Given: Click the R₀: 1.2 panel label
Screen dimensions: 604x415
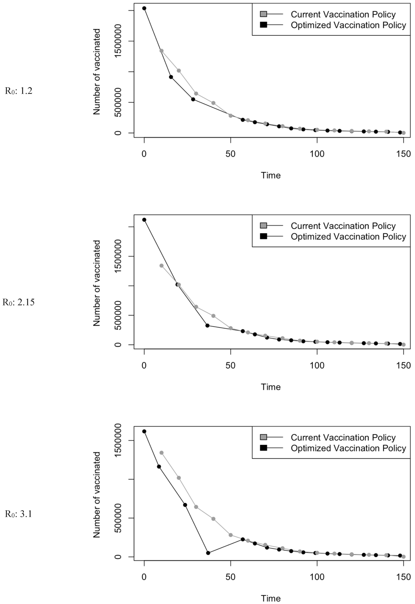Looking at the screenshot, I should click(x=18, y=91).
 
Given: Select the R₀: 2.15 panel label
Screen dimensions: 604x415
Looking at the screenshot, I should click(x=18, y=302).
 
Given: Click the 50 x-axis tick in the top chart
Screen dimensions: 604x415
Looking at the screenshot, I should click(x=230, y=154).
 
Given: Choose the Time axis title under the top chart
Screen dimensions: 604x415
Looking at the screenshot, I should click(x=271, y=175).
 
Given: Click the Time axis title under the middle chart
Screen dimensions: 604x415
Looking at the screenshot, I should click(x=271, y=387).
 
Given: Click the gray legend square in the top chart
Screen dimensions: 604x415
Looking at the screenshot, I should click(x=263, y=14).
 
